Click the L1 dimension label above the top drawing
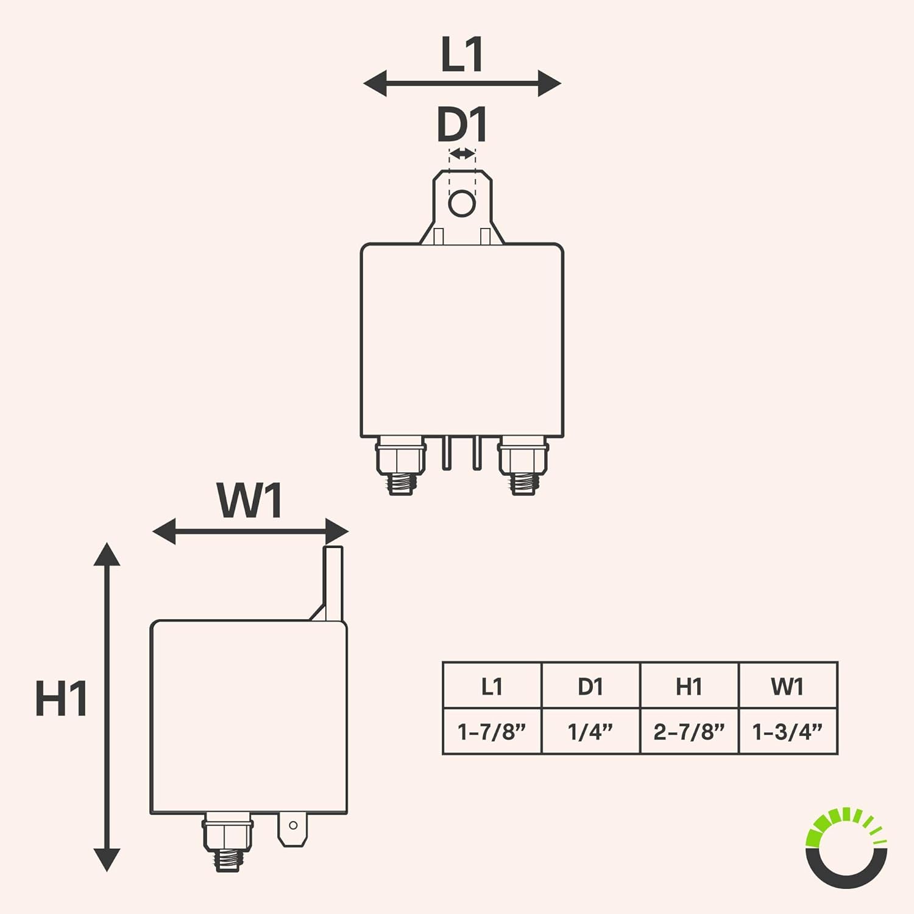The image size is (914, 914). pyautogui.click(x=462, y=55)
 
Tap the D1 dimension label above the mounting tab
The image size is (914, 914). pyautogui.click(x=462, y=125)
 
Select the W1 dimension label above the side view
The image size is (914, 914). pyautogui.click(x=250, y=501)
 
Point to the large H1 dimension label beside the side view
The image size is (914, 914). pyautogui.click(x=61, y=698)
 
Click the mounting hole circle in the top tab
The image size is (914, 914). pyautogui.click(x=462, y=203)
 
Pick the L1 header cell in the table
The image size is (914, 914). pyautogui.click(x=492, y=686)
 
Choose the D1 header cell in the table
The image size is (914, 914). pyautogui.click(x=590, y=686)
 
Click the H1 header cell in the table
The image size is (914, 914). pyautogui.click(x=689, y=686)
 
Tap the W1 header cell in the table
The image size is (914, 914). pyautogui.click(x=788, y=686)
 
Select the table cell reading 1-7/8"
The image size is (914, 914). pyautogui.click(x=492, y=731)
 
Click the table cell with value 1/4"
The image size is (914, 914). pyautogui.click(x=590, y=731)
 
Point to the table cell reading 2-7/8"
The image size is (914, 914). pyautogui.click(x=689, y=731)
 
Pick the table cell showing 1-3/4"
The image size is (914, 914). pyautogui.click(x=788, y=731)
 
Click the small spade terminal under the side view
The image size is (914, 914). pyautogui.click(x=293, y=829)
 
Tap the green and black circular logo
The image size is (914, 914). pyautogui.click(x=847, y=847)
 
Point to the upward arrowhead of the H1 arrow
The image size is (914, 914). pyautogui.click(x=107, y=554)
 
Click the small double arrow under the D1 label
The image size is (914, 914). pyautogui.click(x=462, y=154)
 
